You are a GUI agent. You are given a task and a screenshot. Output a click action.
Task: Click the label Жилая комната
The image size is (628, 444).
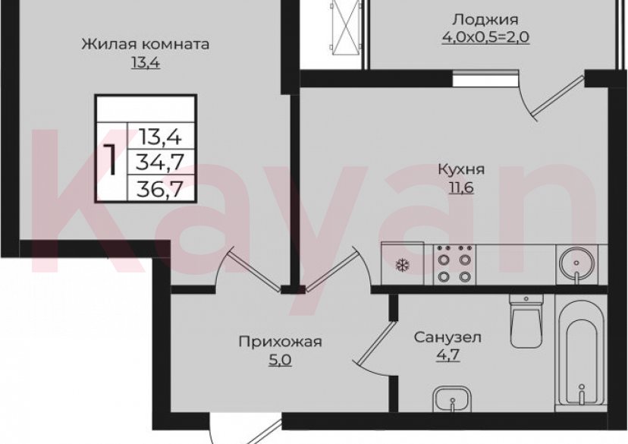[x=145, y=44]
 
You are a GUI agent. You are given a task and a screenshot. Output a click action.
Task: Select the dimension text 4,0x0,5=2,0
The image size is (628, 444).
[x=485, y=36]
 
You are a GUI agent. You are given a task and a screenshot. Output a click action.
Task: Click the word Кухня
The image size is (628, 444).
[x=461, y=169]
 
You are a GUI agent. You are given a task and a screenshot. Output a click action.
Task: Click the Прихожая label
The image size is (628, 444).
[x=280, y=342]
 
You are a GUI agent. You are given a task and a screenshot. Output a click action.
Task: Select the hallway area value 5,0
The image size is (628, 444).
[x=280, y=360]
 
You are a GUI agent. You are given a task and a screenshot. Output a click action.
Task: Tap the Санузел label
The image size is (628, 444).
[x=447, y=336]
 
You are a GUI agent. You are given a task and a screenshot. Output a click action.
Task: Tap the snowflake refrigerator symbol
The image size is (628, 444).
[x=402, y=266]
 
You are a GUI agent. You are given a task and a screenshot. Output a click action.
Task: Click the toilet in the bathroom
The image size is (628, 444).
[x=525, y=319]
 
